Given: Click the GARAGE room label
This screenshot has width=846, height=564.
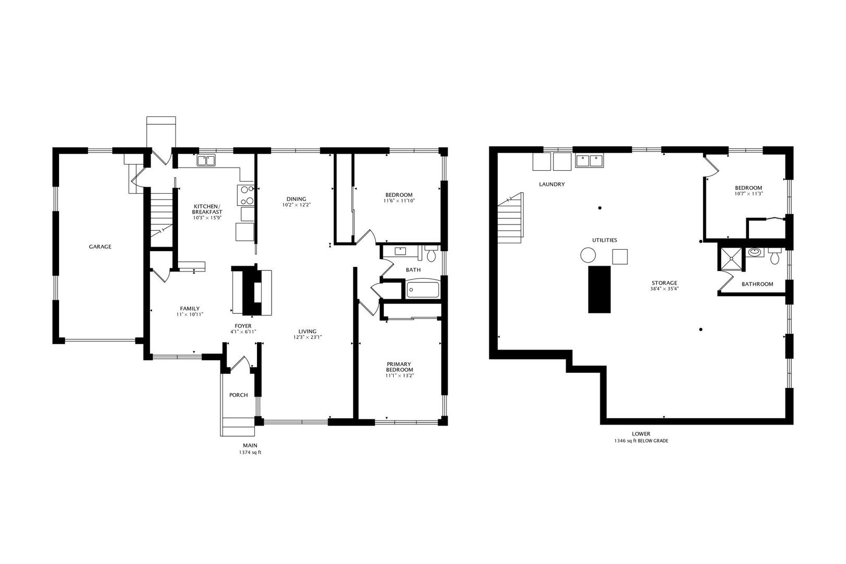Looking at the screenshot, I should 100,246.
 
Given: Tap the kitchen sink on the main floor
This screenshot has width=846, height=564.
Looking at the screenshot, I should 206,161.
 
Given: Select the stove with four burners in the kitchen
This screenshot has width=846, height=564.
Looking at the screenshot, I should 246,195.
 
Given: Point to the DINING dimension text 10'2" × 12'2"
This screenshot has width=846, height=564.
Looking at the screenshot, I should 296,205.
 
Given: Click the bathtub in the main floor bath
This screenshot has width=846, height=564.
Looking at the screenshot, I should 423,289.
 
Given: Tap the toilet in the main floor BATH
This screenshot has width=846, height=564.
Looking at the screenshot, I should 431,254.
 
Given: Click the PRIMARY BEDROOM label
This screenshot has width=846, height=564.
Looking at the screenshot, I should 399,367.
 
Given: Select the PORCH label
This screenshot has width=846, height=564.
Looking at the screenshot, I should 239,395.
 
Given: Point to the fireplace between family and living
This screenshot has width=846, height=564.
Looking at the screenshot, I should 253,290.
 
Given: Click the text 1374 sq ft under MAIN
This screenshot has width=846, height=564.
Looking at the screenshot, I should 250,453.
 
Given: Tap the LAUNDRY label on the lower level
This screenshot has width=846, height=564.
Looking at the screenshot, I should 551,184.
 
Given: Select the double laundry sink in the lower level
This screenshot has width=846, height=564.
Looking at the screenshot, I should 589,160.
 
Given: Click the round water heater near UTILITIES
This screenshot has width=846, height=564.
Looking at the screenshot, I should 588,255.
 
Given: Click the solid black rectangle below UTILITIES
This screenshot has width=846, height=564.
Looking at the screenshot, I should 599,289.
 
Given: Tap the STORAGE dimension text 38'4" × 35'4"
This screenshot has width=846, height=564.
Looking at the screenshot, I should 664,289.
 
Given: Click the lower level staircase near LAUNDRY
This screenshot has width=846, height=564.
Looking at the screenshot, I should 510,219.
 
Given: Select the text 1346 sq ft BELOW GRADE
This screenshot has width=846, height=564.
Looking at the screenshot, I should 641,441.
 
